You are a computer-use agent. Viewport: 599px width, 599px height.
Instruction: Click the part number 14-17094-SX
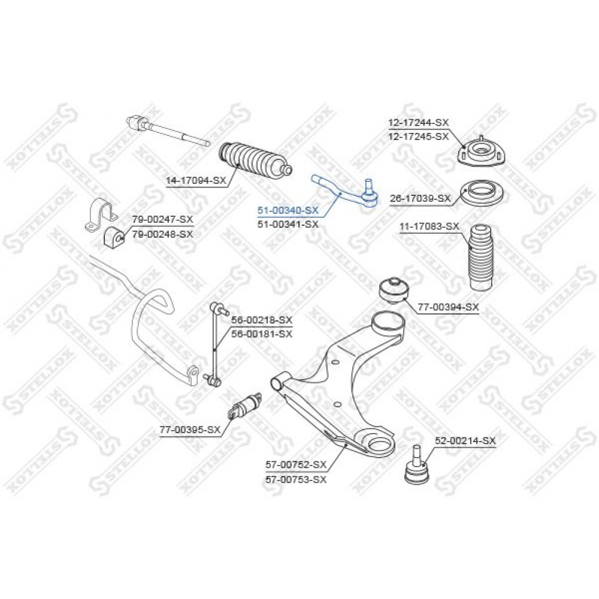point(196,180)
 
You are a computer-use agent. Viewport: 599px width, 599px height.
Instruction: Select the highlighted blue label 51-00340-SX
point(288,210)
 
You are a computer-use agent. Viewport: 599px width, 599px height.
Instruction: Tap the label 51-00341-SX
point(288,224)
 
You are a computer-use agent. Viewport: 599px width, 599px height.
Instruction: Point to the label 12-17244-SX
point(419,123)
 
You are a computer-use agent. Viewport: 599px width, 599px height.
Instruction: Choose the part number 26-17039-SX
point(420,198)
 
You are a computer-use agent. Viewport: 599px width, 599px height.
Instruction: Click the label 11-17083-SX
point(429,226)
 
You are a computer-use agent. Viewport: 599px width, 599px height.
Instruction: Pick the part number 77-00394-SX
point(448,307)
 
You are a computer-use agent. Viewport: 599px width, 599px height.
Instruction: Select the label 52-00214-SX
point(465,441)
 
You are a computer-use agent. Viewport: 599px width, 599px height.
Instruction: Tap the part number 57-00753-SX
point(296,479)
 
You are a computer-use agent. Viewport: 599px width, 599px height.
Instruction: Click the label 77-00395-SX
point(190,429)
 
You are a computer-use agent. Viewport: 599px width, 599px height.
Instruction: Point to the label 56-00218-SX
point(262,320)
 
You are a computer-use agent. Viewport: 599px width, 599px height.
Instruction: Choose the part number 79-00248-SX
point(163,234)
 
